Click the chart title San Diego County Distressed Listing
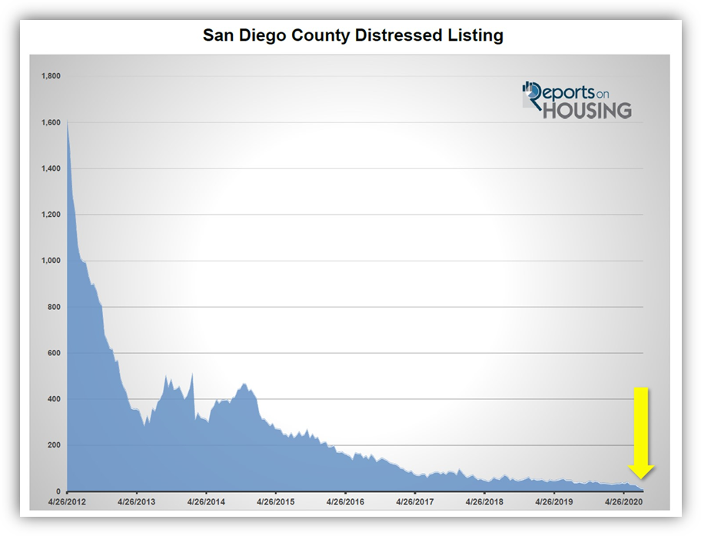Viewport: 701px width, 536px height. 353,35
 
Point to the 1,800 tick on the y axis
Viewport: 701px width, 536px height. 50,76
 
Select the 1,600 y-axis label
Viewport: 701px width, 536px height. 50,122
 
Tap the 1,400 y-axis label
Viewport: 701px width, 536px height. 50,168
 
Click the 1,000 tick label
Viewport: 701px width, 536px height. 50,261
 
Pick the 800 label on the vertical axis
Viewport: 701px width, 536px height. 54,307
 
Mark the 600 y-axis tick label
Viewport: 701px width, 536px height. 54,353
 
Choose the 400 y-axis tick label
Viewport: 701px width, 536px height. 54,399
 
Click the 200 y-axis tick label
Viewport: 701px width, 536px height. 54,445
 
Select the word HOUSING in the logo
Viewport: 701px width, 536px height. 587,110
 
